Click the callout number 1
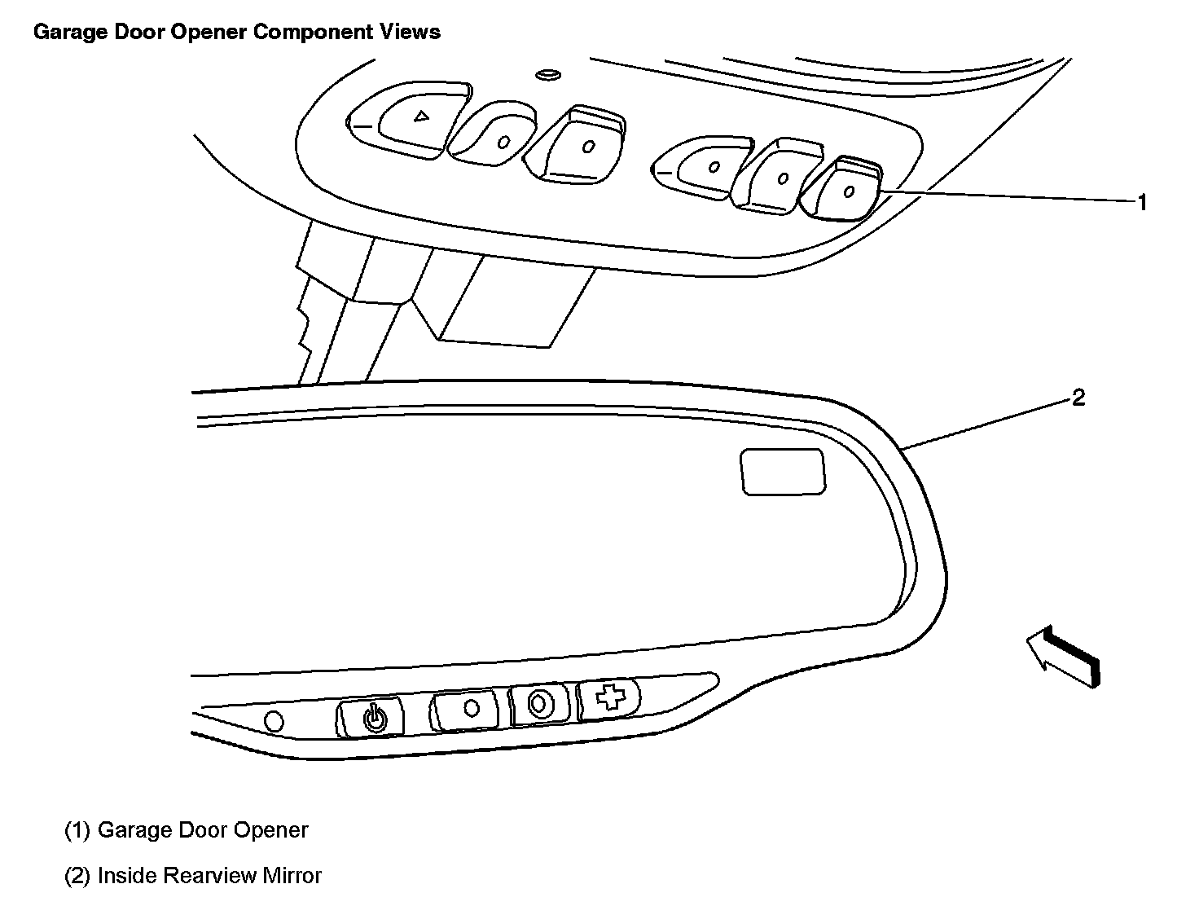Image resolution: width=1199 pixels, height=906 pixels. click(1142, 202)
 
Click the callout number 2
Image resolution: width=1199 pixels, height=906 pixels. click(1078, 398)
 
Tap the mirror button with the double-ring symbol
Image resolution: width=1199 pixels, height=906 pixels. click(538, 704)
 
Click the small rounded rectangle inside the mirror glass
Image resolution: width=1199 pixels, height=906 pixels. click(782, 471)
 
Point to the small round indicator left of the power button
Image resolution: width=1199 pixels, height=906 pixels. click(274, 721)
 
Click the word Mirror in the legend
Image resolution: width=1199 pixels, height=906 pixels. click(292, 876)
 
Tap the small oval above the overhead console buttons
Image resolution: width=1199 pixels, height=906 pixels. click(547, 75)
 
